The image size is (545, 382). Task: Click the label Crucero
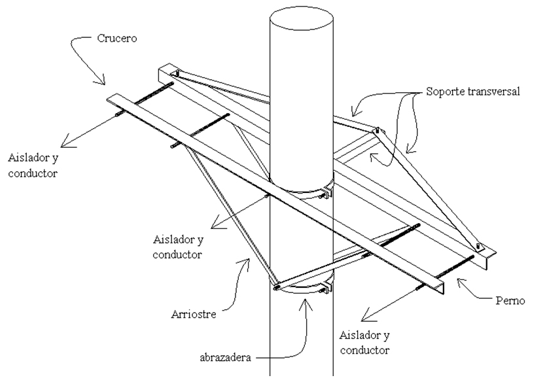[116, 38]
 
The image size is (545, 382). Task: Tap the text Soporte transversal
[473, 92]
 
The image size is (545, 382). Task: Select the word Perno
[510, 300]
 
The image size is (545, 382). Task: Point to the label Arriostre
[194, 314]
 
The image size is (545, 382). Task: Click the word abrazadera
[225, 358]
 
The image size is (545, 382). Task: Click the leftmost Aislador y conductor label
[33, 165]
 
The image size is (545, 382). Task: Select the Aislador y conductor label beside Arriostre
[178, 247]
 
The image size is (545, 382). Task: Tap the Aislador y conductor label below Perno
[364, 343]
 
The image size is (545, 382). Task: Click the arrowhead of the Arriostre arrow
[246, 263]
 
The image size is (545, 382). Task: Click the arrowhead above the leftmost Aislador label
[67, 142]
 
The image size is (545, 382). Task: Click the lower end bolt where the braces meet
[277, 287]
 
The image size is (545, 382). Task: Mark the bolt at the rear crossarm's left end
[177, 74]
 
